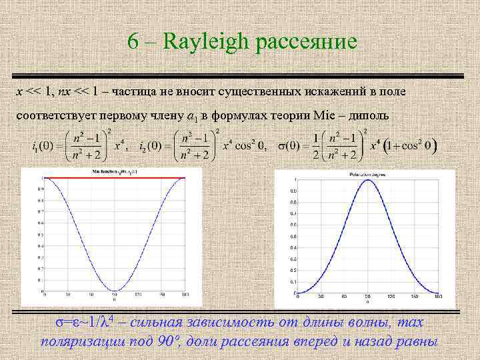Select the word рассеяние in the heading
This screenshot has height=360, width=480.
point(305,43)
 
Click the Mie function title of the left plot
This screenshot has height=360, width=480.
point(114,172)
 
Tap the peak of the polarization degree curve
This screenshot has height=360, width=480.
point(366,179)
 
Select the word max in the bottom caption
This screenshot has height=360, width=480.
point(408,323)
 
